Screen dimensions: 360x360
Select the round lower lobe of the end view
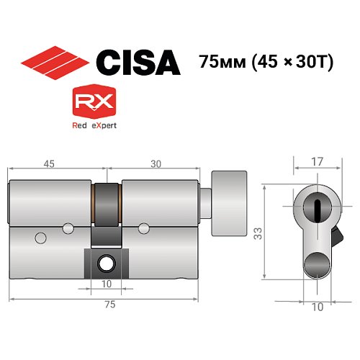coord(318,265)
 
